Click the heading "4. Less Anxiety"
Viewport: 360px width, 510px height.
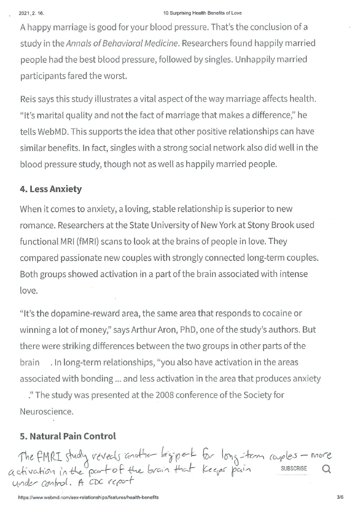(50, 189)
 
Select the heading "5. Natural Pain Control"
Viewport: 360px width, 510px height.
(68, 436)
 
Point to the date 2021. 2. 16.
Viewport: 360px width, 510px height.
(31, 13)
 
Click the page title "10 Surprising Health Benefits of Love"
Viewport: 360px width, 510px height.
(202, 13)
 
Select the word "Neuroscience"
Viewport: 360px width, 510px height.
(46, 412)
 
